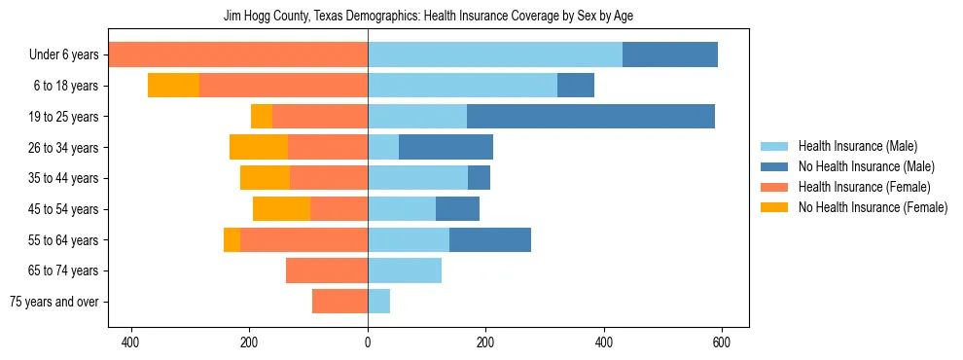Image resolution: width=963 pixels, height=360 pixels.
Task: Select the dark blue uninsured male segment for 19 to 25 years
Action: pos(590,117)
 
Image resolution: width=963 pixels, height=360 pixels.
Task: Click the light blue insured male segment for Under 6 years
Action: pos(495,55)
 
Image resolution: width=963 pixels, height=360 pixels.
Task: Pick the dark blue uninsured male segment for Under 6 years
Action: pos(670,55)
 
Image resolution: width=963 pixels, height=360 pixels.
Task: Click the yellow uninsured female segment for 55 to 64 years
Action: pos(232,240)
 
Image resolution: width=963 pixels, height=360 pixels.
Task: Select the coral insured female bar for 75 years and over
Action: pos(339,302)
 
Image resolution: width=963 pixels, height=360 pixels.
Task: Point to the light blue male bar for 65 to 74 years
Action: pos(405,270)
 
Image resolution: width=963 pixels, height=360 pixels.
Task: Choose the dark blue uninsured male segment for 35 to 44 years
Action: pos(479,178)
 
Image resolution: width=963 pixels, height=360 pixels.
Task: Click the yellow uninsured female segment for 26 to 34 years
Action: pos(259,148)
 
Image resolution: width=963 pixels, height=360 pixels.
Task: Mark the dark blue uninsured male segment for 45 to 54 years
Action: pos(457,209)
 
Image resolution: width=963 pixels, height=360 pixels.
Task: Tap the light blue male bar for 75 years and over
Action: pos(378,302)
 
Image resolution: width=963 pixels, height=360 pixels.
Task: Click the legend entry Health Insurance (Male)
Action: pos(857,146)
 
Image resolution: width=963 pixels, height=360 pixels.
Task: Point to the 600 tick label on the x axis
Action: pos(722,342)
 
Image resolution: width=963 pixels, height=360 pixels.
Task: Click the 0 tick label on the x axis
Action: pos(368,342)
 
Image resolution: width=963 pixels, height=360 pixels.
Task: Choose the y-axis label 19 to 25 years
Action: pos(64,117)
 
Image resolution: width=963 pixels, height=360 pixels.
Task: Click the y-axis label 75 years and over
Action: pos(53,302)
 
